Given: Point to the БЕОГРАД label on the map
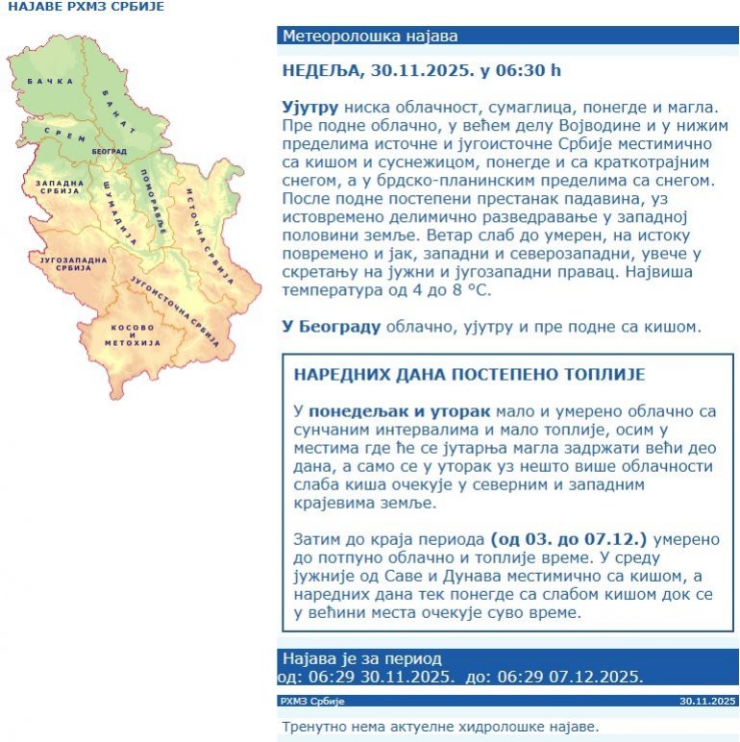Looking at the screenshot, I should pyautogui.click(x=109, y=152).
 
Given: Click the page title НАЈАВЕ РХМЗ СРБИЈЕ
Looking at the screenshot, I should pyautogui.click(x=86, y=7).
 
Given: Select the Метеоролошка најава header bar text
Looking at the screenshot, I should pyautogui.click(x=369, y=37).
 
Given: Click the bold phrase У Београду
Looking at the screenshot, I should pyautogui.click(x=332, y=327).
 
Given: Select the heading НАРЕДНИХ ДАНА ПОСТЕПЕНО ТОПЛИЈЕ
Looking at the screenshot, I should pyautogui.click(x=469, y=374).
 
